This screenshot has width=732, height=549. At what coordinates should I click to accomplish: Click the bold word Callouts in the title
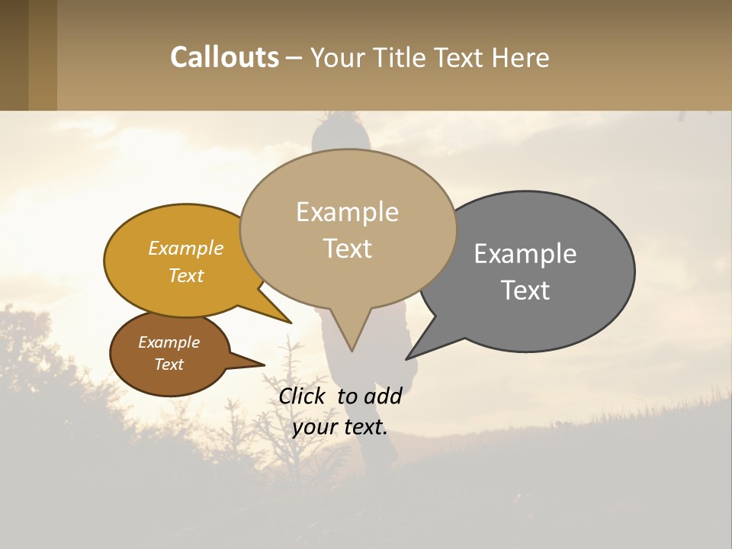tap(224, 57)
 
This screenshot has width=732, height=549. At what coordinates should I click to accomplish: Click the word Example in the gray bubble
tap(525, 253)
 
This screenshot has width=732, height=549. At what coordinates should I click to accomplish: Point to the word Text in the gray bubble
tap(525, 290)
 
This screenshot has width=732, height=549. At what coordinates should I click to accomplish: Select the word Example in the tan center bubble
tap(347, 212)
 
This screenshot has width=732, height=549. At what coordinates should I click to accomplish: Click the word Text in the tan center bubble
tap(347, 249)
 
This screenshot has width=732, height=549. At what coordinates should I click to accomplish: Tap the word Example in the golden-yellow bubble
tap(186, 248)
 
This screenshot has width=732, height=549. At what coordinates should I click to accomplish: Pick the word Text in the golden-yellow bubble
tap(186, 275)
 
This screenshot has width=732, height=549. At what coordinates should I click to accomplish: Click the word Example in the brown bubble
tap(169, 342)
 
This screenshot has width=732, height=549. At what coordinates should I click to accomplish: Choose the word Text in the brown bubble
tap(169, 364)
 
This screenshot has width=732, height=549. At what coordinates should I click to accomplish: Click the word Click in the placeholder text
tap(304, 396)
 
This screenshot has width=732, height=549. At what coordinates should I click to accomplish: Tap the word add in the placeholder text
tap(383, 396)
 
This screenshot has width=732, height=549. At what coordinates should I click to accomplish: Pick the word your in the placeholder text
tap(314, 426)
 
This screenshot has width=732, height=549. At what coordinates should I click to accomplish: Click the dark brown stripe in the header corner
tap(14, 55)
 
